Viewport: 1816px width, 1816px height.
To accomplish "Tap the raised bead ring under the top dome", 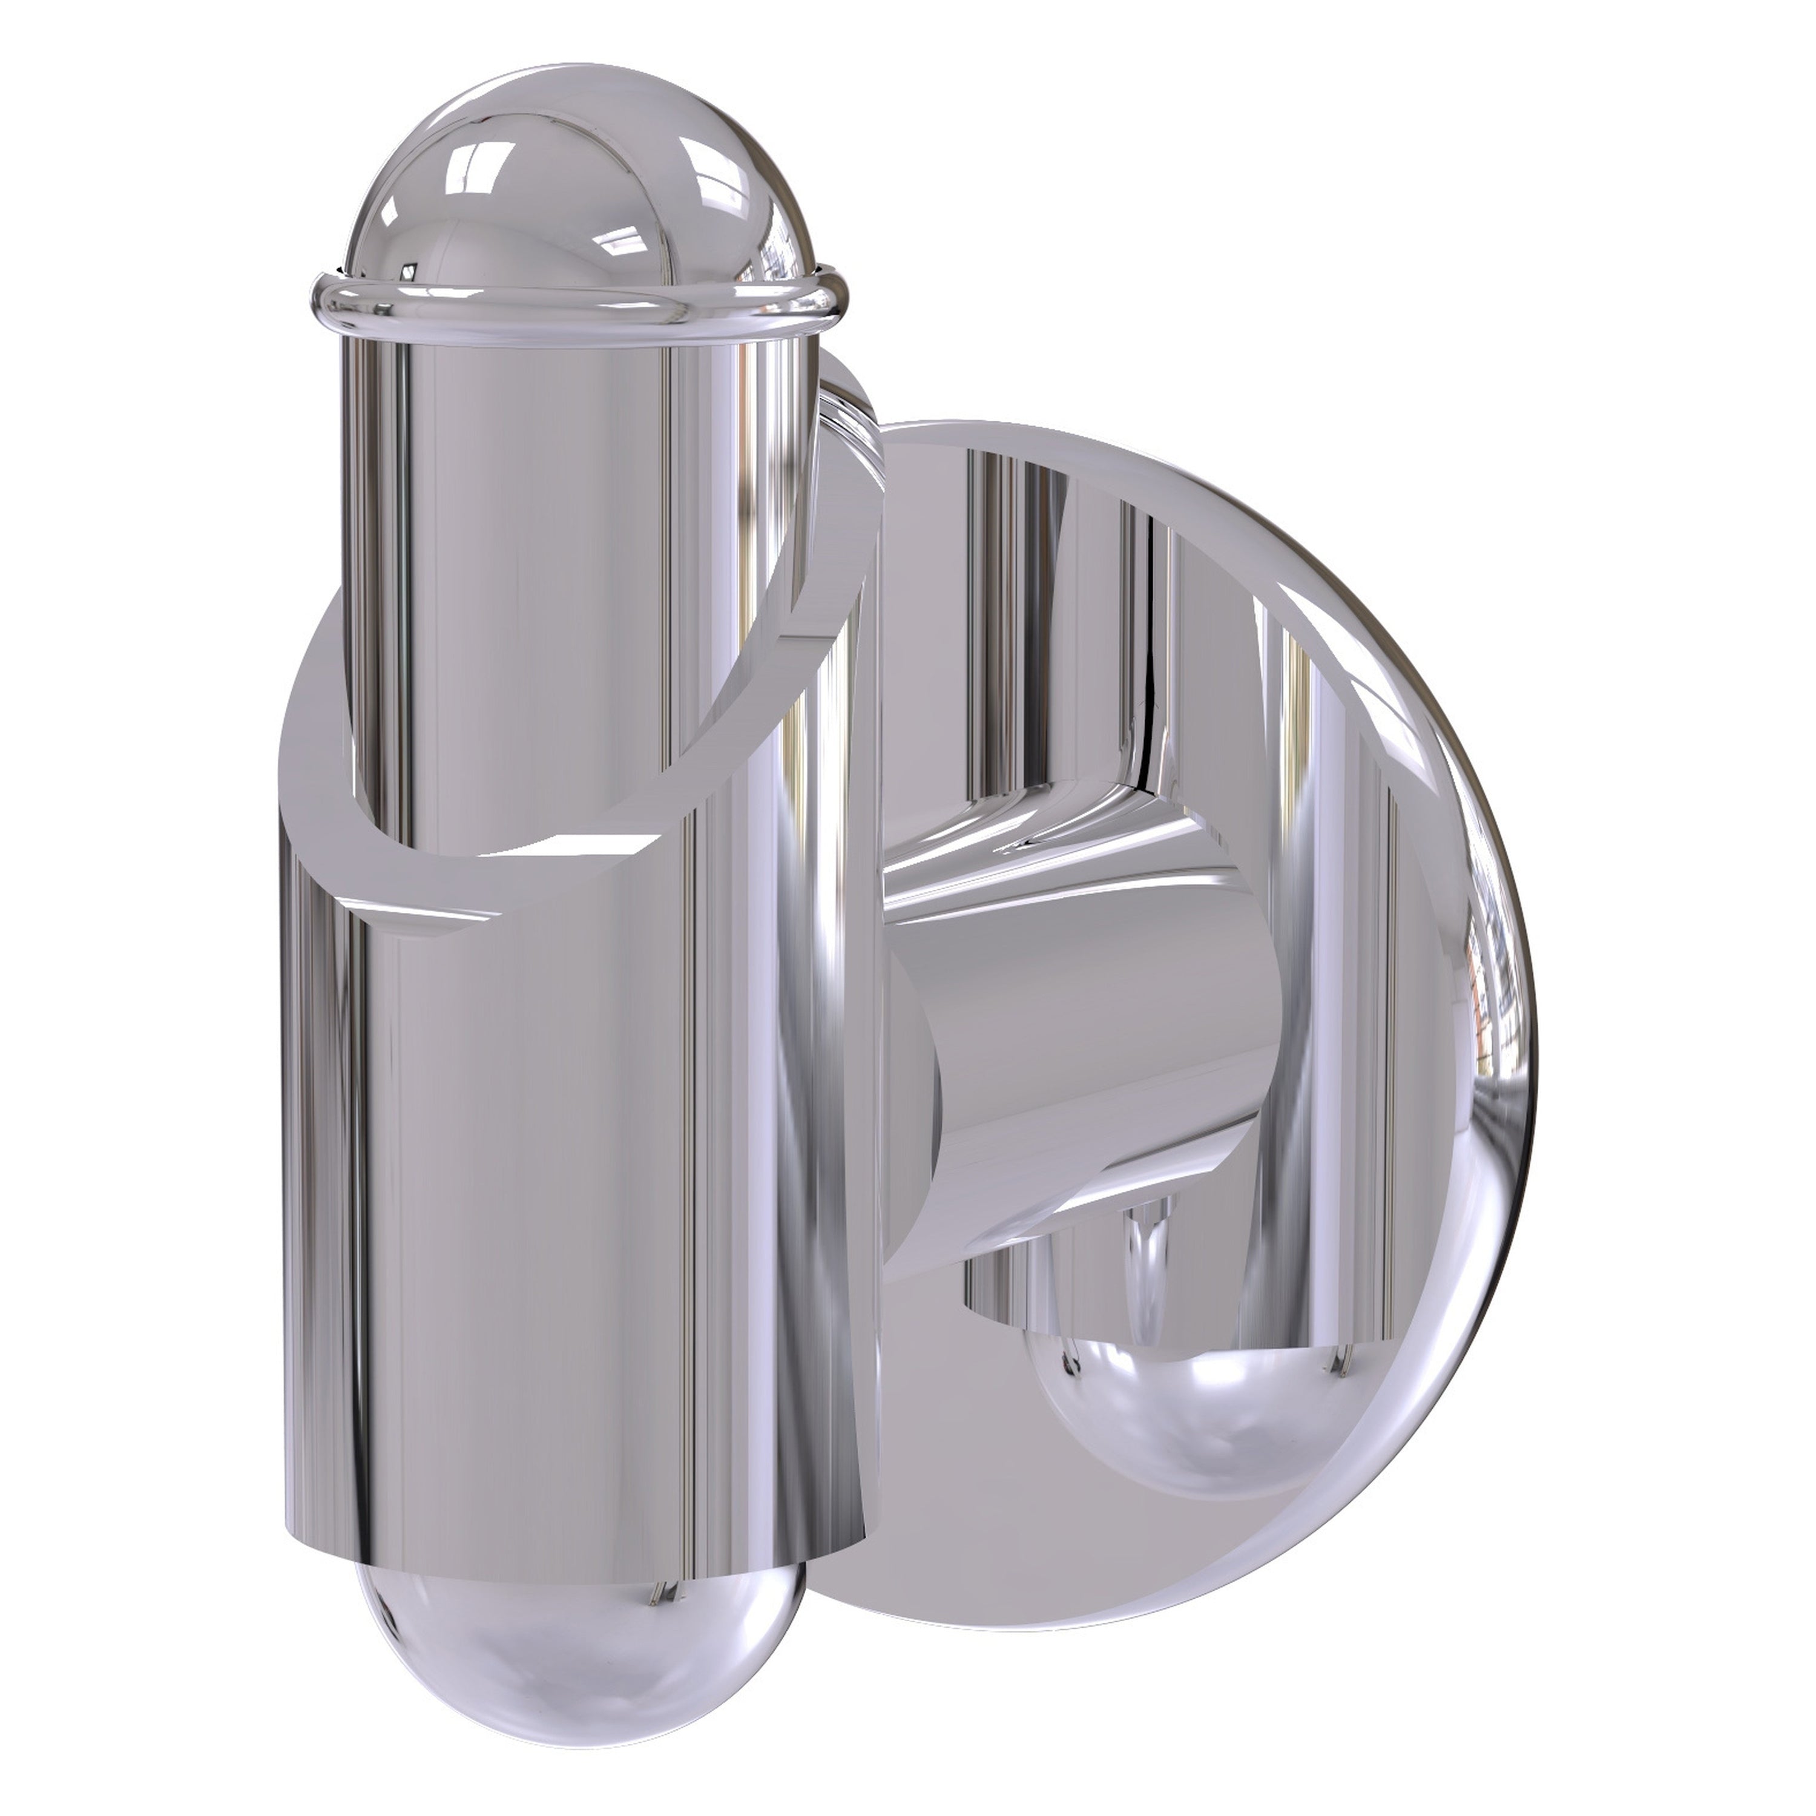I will [573, 315].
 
